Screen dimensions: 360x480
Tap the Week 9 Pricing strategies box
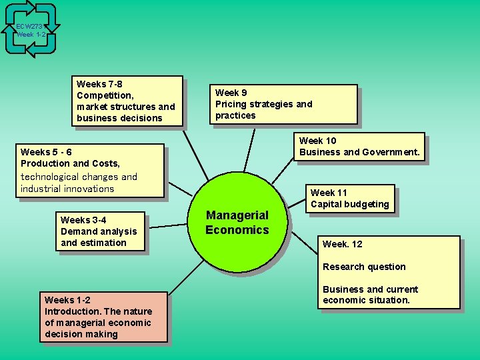(285, 104)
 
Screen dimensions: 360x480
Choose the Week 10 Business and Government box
(359, 147)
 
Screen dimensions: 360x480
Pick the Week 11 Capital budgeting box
(349, 199)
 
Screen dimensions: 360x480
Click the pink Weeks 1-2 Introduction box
(103, 317)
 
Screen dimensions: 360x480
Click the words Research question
(364, 267)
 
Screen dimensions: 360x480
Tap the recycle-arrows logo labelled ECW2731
(31, 29)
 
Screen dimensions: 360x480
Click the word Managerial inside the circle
(237, 215)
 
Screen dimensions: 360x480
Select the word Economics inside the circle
(237, 230)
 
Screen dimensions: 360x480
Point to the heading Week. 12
(342, 244)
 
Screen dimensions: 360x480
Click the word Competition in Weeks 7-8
(105, 95)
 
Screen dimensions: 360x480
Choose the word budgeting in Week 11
(365, 204)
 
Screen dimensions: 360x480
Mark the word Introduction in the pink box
(73, 311)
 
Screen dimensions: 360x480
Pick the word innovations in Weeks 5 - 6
(87, 189)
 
